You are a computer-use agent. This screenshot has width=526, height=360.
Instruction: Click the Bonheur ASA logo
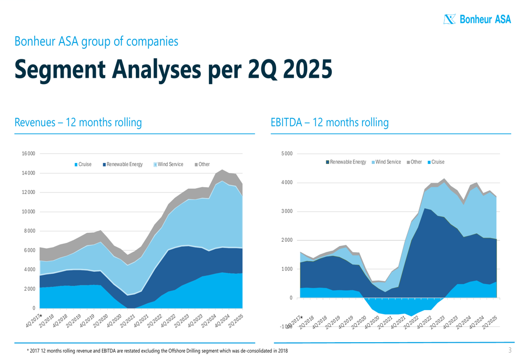coord(477,19)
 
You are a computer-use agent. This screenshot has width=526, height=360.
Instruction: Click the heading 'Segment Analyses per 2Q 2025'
coord(173,69)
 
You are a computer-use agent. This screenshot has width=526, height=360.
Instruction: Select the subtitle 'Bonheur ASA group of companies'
coord(96,40)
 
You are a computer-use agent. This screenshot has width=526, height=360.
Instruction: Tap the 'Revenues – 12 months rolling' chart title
coord(78,122)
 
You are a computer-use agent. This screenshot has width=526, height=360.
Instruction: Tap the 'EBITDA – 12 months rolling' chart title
coord(329,122)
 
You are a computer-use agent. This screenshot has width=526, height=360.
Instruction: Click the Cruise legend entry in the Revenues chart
coord(83,164)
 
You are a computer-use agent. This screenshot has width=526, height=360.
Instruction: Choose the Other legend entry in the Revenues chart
coord(203,164)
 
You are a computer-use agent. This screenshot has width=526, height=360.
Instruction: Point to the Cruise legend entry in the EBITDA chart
coord(436,162)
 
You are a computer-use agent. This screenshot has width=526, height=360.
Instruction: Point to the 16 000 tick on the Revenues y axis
coord(28,153)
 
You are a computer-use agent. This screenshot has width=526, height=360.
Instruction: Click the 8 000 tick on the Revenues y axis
coord(29,231)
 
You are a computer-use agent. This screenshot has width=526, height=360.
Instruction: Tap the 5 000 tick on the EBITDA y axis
coord(287,153)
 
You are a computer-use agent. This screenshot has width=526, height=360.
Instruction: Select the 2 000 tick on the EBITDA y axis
coord(287,240)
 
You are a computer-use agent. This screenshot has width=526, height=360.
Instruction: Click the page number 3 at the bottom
coord(510,350)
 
